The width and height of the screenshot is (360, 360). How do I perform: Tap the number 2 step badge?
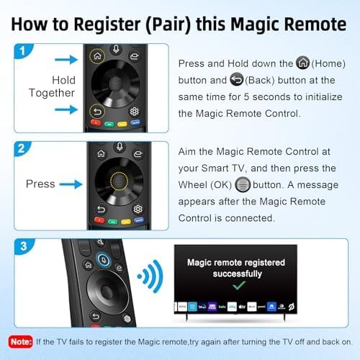click(x=24, y=150)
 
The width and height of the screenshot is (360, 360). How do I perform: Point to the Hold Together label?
click(x=53, y=86)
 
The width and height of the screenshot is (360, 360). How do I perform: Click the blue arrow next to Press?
click(x=71, y=184)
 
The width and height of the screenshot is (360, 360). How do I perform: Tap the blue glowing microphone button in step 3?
click(x=104, y=261)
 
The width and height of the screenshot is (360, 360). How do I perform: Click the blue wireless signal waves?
click(x=148, y=276)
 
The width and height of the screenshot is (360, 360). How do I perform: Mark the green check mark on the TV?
click(x=235, y=286)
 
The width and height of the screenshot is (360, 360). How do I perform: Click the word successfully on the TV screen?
click(x=235, y=274)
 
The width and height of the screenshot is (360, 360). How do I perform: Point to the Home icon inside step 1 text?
click(x=303, y=63)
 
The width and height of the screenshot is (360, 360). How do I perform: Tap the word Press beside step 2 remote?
click(x=40, y=184)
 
